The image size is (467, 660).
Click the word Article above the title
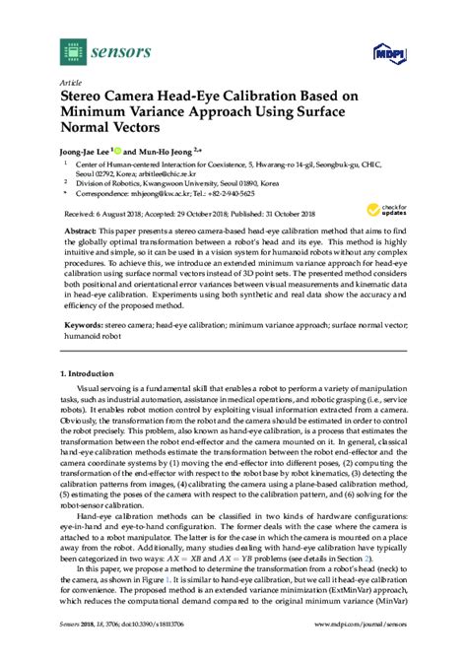73,83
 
